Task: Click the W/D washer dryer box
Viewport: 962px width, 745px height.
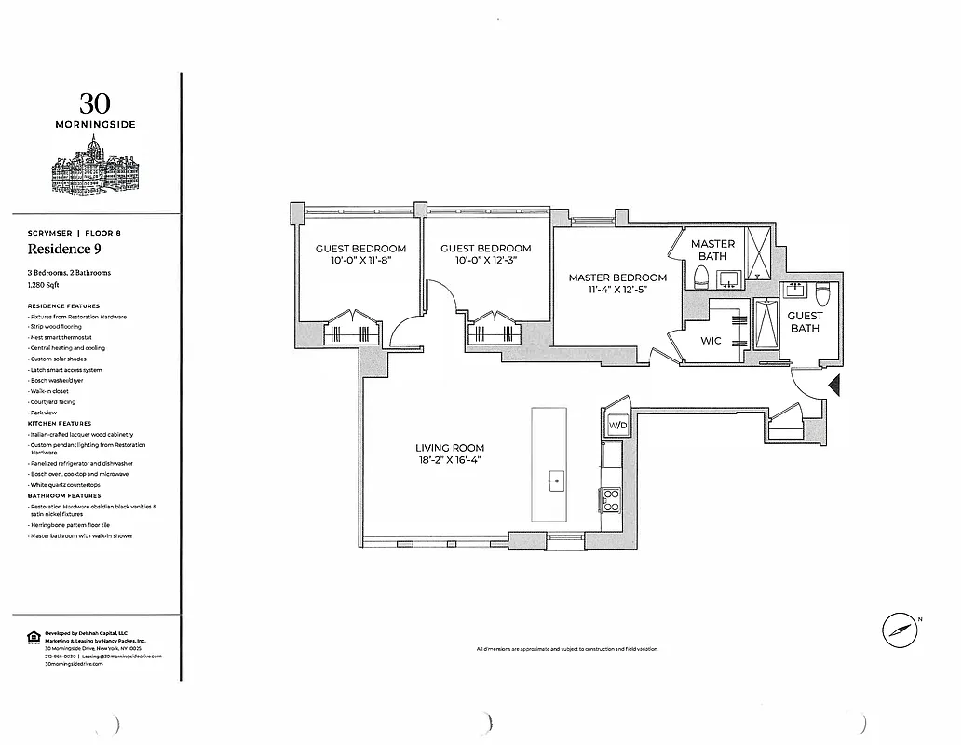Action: pyautogui.click(x=616, y=425)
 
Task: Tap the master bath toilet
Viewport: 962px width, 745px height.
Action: pyautogui.click(x=701, y=277)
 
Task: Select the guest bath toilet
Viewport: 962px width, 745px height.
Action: pyautogui.click(x=821, y=295)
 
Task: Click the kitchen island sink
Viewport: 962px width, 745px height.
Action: pyautogui.click(x=556, y=481)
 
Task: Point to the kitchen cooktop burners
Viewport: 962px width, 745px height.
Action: pyautogui.click(x=612, y=500)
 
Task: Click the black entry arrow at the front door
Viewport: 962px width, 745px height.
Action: pyautogui.click(x=834, y=384)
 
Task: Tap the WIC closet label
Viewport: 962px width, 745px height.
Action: pyautogui.click(x=711, y=342)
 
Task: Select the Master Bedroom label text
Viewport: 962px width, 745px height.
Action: pyautogui.click(x=617, y=278)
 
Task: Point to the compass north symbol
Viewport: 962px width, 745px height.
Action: pyautogui.click(x=900, y=630)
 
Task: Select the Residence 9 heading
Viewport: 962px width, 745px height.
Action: pyautogui.click(x=65, y=249)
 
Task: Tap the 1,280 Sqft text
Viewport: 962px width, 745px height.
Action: pyautogui.click(x=47, y=287)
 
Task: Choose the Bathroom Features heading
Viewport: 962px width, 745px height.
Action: pyautogui.click(x=64, y=496)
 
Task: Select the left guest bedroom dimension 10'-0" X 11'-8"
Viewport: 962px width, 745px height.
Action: pyautogui.click(x=360, y=261)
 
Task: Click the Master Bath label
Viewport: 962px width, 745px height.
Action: pyautogui.click(x=712, y=250)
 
